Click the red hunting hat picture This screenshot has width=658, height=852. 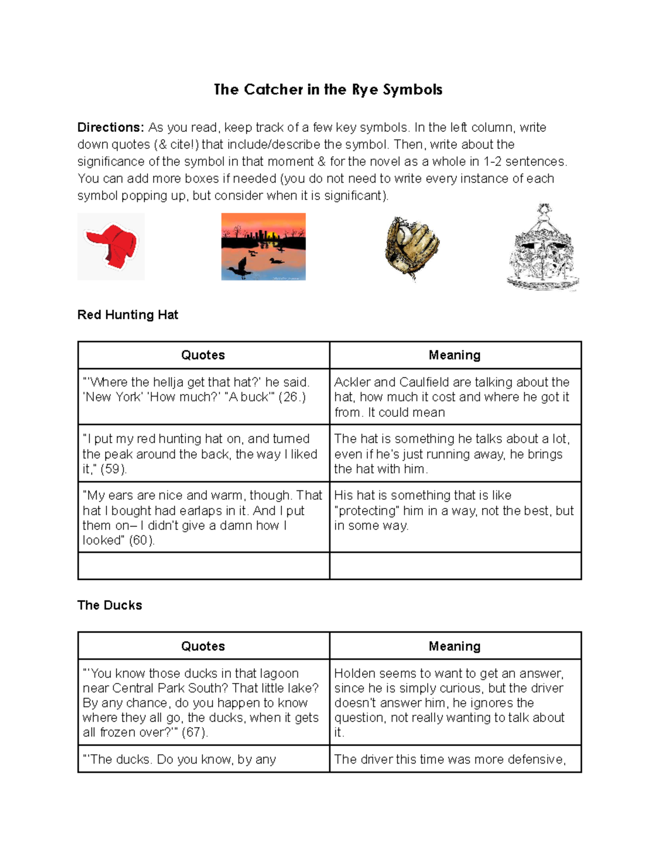tap(111, 246)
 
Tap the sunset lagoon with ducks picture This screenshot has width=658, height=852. tap(263, 246)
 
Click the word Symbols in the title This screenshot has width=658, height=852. tap(412, 89)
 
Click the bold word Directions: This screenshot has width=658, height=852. tap(111, 127)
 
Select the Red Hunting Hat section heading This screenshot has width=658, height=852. tap(128, 314)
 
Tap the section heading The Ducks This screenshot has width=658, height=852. tap(110, 605)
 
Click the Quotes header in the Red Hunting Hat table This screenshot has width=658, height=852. tap(203, 355)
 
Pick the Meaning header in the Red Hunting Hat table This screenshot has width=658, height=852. tap(455, 355)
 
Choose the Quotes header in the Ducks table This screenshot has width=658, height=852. tap(203, 646)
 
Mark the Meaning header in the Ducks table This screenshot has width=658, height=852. tap(455, 646)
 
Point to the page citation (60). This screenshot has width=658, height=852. tap(142, 540)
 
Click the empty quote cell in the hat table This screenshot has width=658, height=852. tap(203, 566)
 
